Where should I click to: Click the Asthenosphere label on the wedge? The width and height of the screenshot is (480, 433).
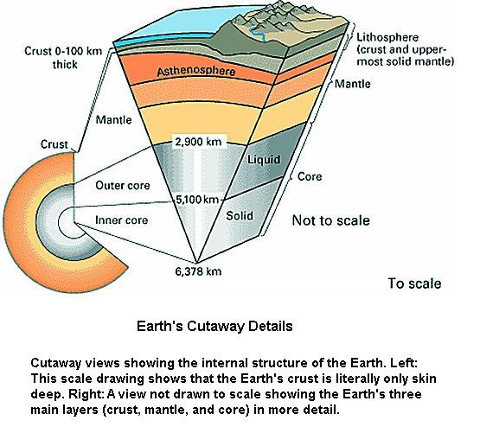point(196,71)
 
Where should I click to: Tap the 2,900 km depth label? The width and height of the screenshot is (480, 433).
point(198,142)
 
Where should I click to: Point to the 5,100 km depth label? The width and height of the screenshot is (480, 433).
point(197,200)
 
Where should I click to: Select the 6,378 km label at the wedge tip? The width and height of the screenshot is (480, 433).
point(198,271)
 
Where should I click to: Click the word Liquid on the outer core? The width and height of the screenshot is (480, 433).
point(264,159)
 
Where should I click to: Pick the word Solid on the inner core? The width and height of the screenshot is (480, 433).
point(240,216)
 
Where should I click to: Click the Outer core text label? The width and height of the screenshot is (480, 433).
point(123,185)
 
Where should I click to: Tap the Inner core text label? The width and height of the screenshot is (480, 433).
point(122,220)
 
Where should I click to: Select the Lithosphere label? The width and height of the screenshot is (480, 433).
point(387,37)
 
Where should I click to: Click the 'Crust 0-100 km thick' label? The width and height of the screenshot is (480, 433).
point(63,58)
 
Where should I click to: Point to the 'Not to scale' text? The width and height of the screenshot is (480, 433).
point(331,220)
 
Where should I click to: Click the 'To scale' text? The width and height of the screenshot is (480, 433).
point(414,283)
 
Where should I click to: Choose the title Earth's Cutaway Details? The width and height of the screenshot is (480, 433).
point(214,326)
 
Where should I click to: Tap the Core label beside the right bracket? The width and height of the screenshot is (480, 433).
point(310,176)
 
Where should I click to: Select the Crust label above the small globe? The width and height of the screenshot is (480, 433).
point(54,144)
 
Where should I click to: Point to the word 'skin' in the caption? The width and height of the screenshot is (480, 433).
point(425,379)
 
